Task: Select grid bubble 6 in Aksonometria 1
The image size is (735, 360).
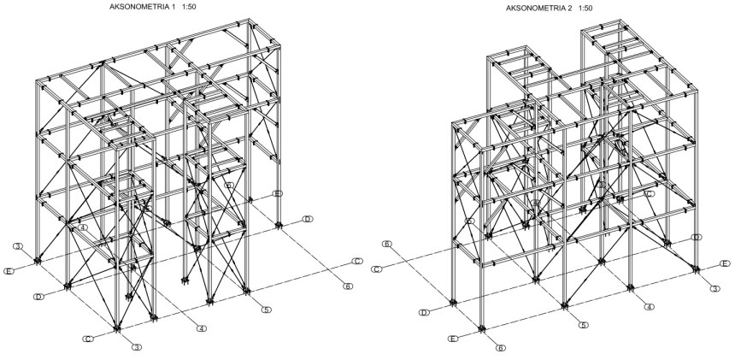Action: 348,286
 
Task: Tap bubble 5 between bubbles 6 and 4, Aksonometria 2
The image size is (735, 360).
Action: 583,325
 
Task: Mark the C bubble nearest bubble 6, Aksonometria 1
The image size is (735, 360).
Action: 358,261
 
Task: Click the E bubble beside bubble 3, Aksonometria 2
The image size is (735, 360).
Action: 725,263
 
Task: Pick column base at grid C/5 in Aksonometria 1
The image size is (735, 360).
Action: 247,292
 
